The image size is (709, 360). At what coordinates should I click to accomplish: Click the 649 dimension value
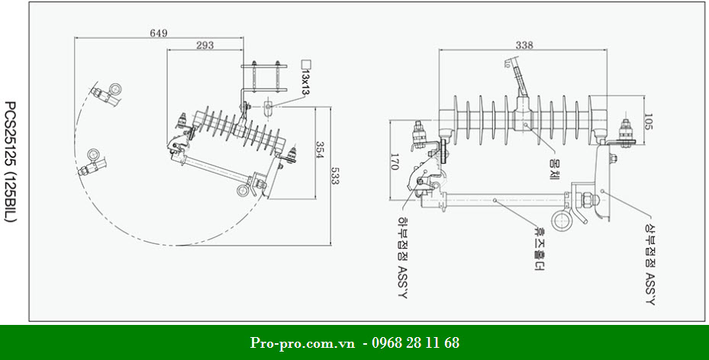point(158,33)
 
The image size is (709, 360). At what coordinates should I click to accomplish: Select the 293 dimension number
point(205,46)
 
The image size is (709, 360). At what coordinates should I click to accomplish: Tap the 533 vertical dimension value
point(334,177)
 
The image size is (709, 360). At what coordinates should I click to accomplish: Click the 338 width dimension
point(524,45)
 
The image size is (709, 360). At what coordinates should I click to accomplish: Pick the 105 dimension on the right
point(648,122)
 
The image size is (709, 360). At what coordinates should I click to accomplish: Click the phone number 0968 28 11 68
point(416,342)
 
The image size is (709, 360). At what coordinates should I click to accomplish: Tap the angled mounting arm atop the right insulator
point(516,77)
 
